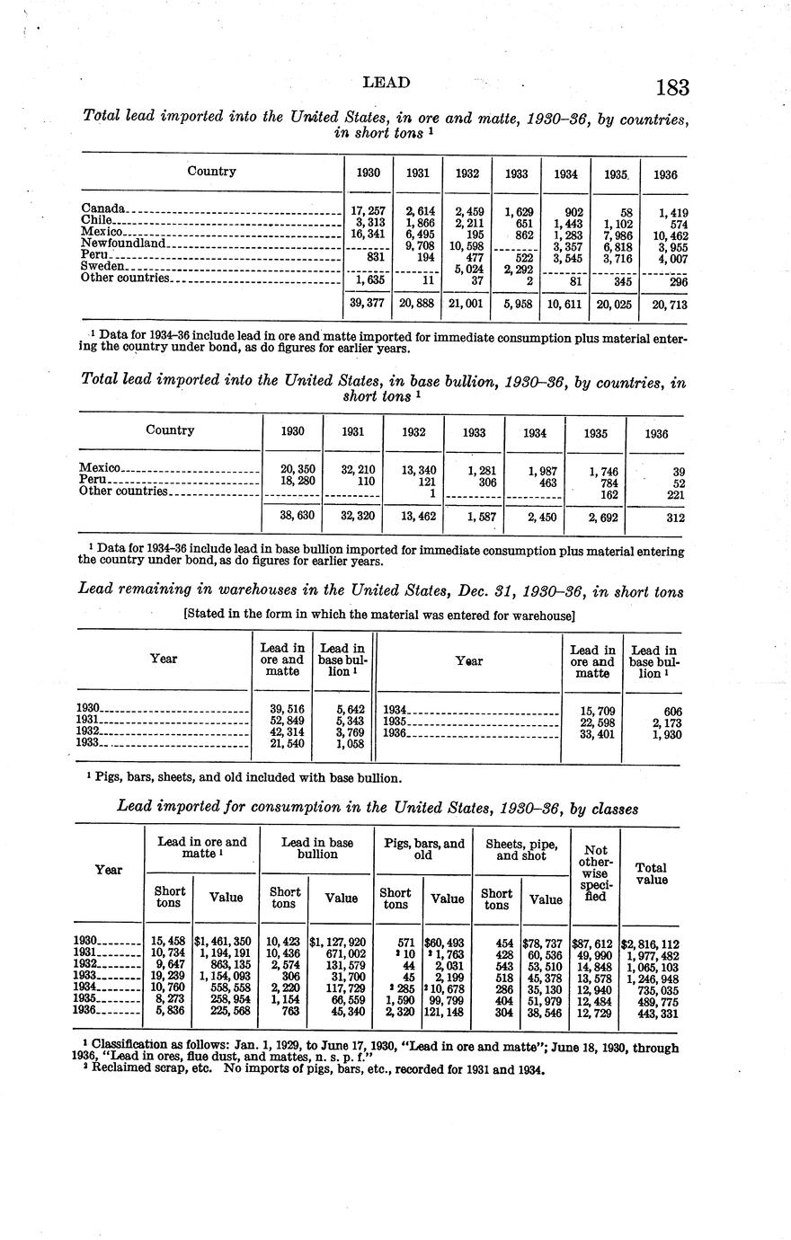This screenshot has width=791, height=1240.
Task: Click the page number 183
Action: (671, 87)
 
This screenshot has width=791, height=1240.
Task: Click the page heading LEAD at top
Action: (386, 83)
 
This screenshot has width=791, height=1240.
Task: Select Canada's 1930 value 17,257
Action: (368, 210)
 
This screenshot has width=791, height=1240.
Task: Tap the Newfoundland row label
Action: (123, 244)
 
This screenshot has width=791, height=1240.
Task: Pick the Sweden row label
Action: (102, 266)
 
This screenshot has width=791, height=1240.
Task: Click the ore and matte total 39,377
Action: (368, 304)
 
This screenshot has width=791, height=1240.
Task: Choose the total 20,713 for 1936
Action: (667, 305)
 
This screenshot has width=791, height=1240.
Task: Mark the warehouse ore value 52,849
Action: (288, 720)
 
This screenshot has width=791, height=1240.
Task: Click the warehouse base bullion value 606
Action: (667, 711)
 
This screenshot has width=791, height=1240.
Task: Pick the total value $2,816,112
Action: (650, 943)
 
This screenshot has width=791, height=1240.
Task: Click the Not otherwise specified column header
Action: (595, 872)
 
